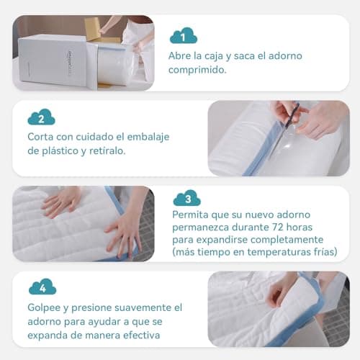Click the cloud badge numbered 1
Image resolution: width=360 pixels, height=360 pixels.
184,35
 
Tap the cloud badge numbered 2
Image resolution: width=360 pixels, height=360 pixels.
41,117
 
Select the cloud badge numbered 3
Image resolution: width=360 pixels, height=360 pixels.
186,198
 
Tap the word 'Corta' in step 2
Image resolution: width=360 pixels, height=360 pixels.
42,137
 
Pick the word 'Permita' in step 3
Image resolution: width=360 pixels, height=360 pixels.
191,214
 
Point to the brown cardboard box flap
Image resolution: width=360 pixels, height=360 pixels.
94,30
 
